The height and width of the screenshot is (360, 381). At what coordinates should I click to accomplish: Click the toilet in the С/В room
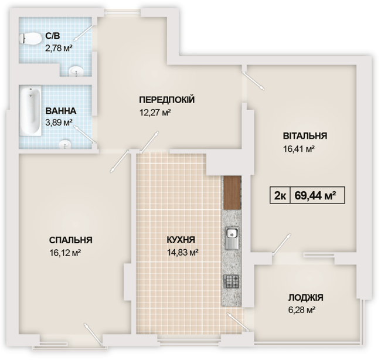30,39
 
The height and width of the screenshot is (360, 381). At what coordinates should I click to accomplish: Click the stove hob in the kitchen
231,283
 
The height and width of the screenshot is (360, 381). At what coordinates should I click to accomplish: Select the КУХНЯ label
181,240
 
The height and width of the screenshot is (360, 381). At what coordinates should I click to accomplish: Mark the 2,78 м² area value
59,49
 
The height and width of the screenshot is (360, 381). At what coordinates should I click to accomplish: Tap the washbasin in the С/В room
76,72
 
